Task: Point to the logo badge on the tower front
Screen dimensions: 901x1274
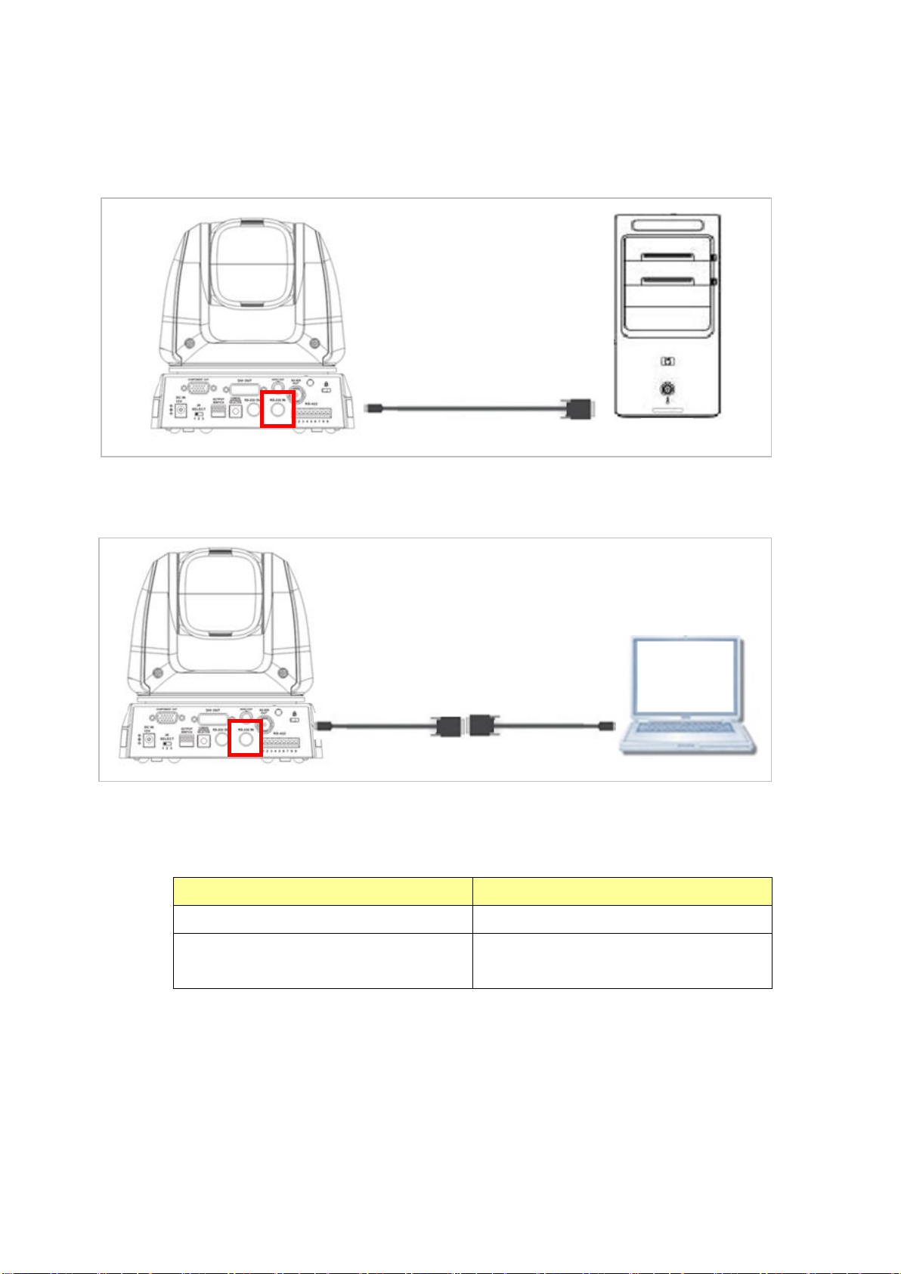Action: (667, 361)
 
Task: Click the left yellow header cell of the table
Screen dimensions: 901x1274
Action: (323, 891)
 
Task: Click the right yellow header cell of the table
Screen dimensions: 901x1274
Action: (622, 891)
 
